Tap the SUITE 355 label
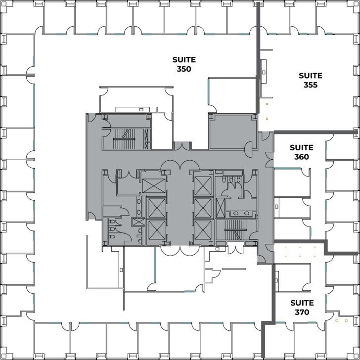click(311, 80)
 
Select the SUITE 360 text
click(301, 152)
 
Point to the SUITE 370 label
click(301, 307)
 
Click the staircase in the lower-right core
click(235, 225)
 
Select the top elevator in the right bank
click(203, 185)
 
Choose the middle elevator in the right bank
click(203, 208)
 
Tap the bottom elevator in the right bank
click(203, 230)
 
